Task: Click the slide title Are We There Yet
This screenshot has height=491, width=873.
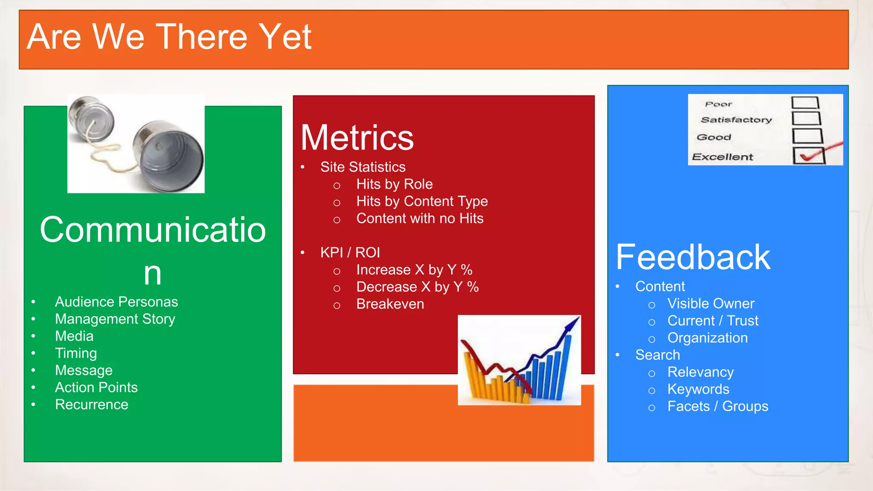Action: [x=169, y=38]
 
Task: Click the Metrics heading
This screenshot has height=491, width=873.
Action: [x=357, y=138]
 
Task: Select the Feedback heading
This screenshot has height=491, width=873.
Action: [x=693, y=257]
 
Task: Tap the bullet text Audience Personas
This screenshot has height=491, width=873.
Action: [x=116, y=302]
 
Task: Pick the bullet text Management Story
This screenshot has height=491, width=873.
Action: [x=115, y=319]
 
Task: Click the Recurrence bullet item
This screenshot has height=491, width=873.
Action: [x=92, y=404]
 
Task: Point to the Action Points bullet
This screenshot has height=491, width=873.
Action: [x=96, y=387]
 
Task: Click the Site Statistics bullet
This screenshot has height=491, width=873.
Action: [x=363, y=167]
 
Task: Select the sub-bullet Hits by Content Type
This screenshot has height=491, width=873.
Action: [x=422, y=201]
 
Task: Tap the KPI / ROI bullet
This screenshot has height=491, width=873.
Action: [x=350, y=253]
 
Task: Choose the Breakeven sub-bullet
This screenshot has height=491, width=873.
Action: [x=390, y=304]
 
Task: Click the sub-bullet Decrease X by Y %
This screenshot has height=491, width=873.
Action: [x=417, y=287]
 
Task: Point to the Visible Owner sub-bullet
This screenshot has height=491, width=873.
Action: [x=711, y=303]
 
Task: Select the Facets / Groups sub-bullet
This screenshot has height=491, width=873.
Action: [x=718, y=406]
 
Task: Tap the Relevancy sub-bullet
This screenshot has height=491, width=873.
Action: [x=700, y=372]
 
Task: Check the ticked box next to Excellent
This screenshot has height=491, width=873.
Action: [x=809, y=156]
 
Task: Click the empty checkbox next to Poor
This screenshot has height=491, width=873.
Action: [x=805, y=103]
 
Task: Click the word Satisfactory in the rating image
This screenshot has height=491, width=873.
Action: [x=736, y=120]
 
